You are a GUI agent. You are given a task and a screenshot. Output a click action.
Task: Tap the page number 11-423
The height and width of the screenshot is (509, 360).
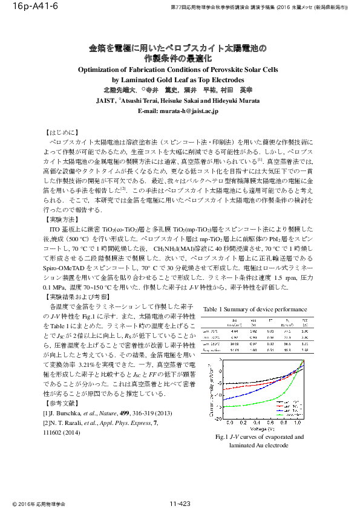click(x=180, y=504)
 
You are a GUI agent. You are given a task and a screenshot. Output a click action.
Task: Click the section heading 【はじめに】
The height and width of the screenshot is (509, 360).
click(x=61, y=131)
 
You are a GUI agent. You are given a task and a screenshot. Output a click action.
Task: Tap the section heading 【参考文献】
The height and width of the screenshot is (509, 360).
click(x=61, y=402)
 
